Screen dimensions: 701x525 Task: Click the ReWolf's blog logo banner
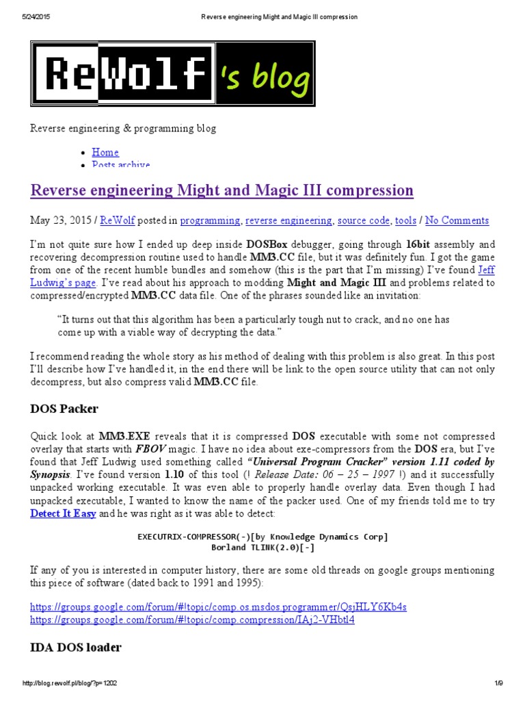pyautogui.click(x=172, y=75)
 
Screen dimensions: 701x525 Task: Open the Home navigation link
pyautogui.click(x=105, y=152)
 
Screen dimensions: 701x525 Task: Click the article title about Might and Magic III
pyautogui.click(x=222, y=190)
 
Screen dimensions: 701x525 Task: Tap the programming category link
pyautogui.click(x=210, y=220)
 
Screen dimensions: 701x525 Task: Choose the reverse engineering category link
pyautogui.click(x=288, y=220)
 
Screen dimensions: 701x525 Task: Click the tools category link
pyautogui.click(x=406, y=220)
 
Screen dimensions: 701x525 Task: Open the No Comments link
pyautogui.click(x=457, y=220)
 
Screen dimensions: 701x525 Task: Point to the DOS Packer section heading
pyautogui.click(x=64, y=409)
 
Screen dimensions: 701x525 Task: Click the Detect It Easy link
pyautogui.click(x=63, y=513)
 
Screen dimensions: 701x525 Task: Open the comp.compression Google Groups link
pyautogui.click(x=192, y=620)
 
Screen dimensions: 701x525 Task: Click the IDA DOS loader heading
pyautogui.click(x=75, y=648)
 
